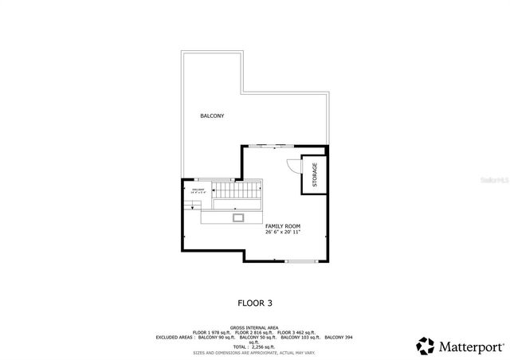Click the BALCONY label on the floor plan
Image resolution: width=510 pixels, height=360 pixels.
212,116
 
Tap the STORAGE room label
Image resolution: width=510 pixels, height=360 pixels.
315,175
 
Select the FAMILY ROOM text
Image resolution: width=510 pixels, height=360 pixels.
283,226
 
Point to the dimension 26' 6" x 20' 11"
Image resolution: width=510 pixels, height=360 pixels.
283,233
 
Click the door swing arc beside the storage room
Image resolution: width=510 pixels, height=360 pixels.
292,166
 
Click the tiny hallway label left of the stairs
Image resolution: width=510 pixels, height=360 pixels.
198,191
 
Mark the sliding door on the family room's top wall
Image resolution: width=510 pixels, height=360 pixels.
273,146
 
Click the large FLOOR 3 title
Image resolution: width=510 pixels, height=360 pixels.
255,303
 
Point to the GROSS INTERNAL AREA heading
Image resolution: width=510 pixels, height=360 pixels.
254,327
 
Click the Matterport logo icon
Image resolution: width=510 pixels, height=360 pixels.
425,346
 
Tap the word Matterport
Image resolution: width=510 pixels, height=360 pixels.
471,346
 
